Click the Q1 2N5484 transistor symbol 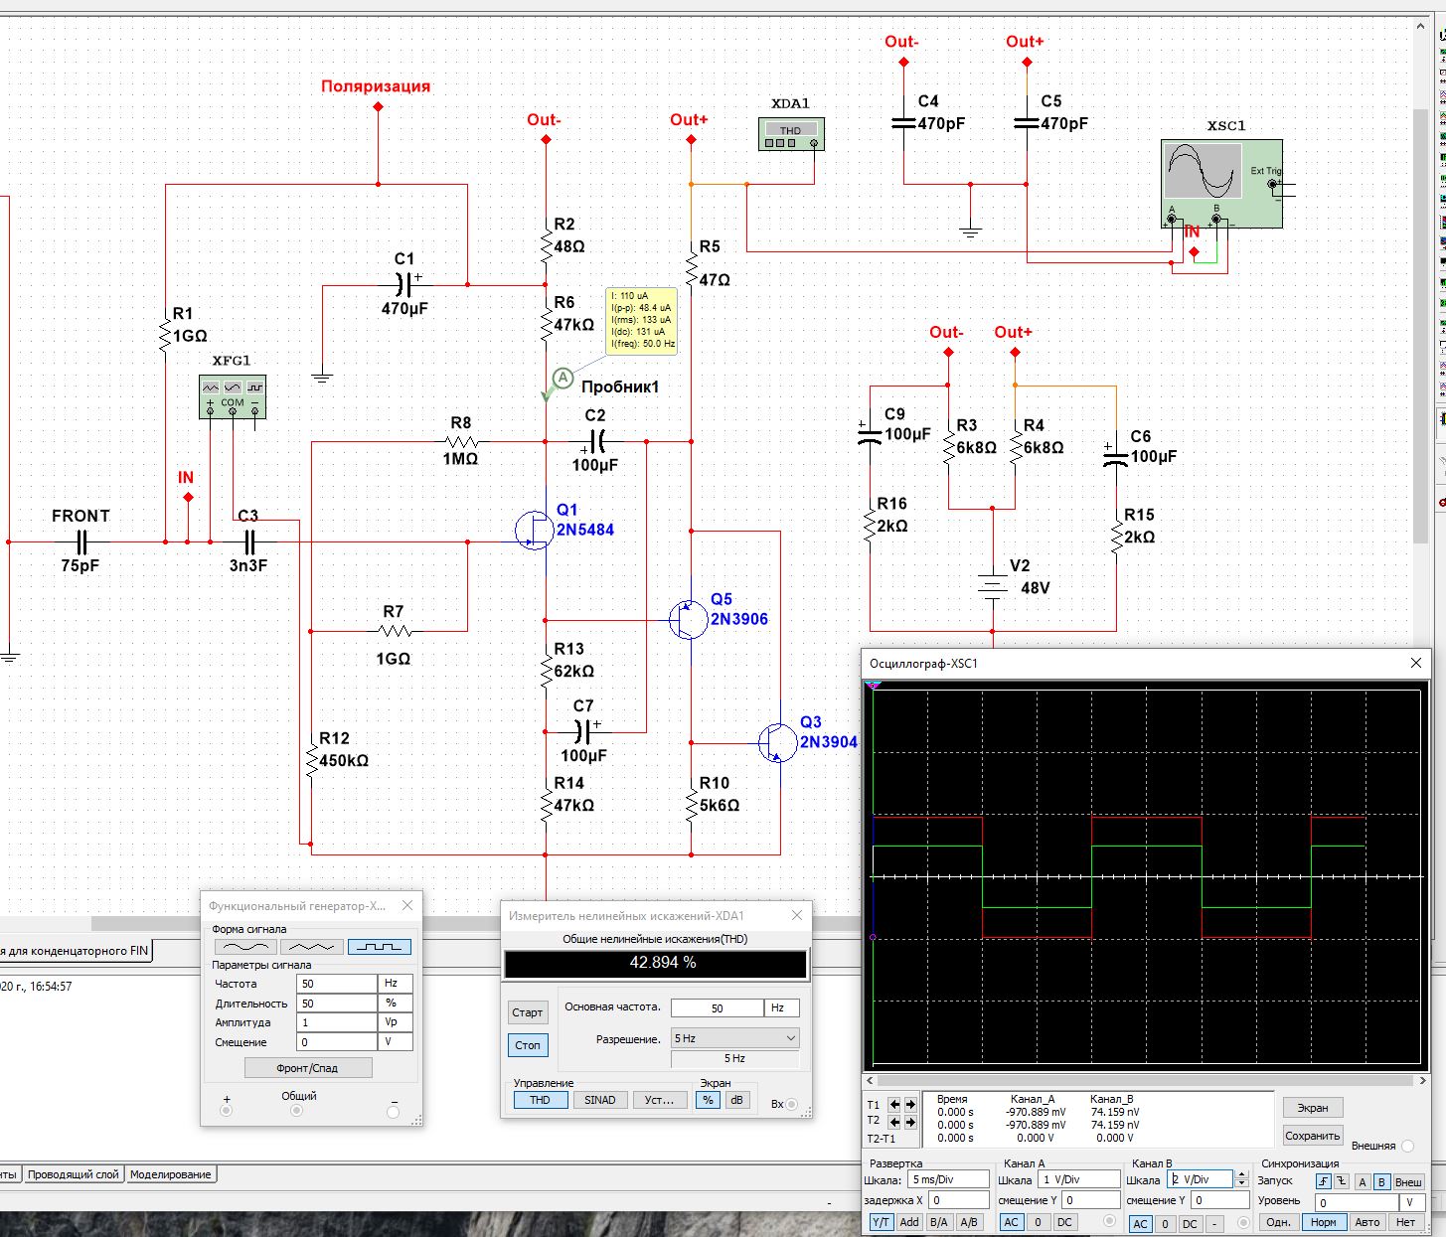pyautogui.click(x=536, y=531)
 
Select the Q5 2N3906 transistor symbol pyautogui.click(x=688, y=620)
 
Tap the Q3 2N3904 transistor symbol pyautogui.click(x=777, y=742)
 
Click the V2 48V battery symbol pyautogui.click(x=992, y=584)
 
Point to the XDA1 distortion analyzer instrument pyautogui.click(x=791, y=134)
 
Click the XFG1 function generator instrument pyautogui.click(x=233, y=396)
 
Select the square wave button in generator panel pyautogui.click(x=379, y=947)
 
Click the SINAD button pyautogui.click(x=599, y=1100)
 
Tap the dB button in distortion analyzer pyautogui.click(x=736, y=1100)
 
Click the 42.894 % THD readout pyautogui.click(x=656, y=963)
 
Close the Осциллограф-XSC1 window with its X pyautogui.click(x=1416, y=663)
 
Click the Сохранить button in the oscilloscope pyautogui.click(x=1312, y=1136)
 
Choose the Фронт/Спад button pyautogui.click(x=308, y=1068)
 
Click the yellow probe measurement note pyautogui.click(x=642, y=321)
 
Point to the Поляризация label pyautogui.click(x=376, y=86)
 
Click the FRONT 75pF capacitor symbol pyautogui.click(x=81, y=542)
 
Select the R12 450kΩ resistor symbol pyautogui.click(x=311, y=761)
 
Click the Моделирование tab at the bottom pyautogui.click(x=170, y=1174)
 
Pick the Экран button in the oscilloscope pyautogui.click(x=1312, y=1108)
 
